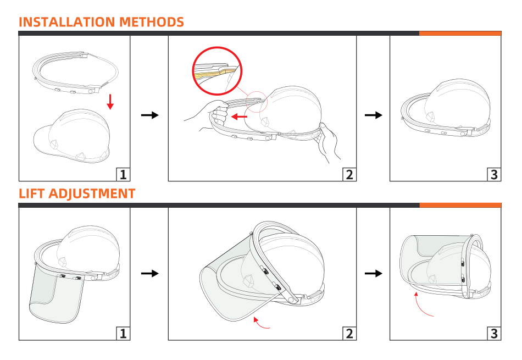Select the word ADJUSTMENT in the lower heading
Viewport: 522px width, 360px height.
(92, 194)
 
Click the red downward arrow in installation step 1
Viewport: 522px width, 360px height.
(110, 102)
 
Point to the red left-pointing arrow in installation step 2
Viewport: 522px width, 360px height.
(239, 117)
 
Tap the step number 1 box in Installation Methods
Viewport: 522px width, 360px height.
(123, 175)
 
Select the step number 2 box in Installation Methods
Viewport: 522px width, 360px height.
(349, 175)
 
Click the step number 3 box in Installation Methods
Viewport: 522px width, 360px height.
(494, 175)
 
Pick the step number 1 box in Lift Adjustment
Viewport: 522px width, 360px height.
(123, 334)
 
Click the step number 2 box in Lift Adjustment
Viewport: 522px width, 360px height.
(349, 334)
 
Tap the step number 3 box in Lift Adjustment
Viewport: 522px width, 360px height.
(494, 334)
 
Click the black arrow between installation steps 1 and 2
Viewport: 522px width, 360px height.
(150, 115)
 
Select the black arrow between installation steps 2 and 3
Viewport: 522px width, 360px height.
(374, 115)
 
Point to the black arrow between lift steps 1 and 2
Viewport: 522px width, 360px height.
(150, 273)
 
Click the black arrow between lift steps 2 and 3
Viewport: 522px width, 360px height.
(374, 273)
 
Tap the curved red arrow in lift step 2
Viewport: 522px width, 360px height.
(260, 325)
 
